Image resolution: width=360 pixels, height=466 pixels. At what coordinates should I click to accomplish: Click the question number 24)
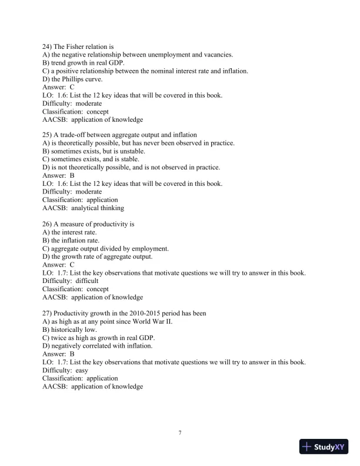pos(48,46)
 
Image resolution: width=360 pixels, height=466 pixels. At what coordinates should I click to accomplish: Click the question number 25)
pos(48,135)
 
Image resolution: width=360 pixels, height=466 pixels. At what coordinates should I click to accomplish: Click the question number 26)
pos(48,224)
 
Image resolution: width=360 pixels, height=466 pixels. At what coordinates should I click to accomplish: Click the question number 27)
pos(48,313)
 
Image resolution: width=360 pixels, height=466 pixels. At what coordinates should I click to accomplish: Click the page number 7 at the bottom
pos(180,433)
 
